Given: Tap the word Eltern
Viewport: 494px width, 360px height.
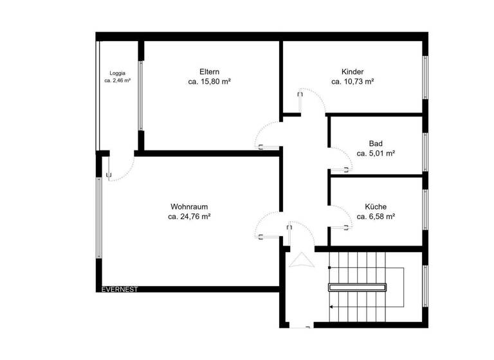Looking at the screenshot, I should point(210,71).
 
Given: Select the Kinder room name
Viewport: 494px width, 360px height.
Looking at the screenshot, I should point(353,71).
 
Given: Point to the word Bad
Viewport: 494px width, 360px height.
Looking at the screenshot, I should point(376,143).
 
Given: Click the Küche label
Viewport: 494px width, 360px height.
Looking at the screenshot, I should point(376,206).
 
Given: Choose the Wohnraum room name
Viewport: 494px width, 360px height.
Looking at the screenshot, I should point(189,206).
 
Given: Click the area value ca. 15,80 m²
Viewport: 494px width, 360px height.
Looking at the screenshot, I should point(210,82).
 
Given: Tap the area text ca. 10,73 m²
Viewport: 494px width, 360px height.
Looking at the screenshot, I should point(353,82).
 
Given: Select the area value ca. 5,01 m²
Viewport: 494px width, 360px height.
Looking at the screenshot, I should point(376,154).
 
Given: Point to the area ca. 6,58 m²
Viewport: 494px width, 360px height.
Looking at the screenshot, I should point(376,217).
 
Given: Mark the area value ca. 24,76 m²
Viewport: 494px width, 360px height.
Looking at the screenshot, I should point(189,217).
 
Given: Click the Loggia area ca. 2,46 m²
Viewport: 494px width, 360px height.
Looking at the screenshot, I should point(118,81).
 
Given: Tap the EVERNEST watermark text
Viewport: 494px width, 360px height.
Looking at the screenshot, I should point(120,289).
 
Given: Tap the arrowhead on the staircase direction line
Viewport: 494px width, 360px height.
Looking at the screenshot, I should point(331,307).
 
